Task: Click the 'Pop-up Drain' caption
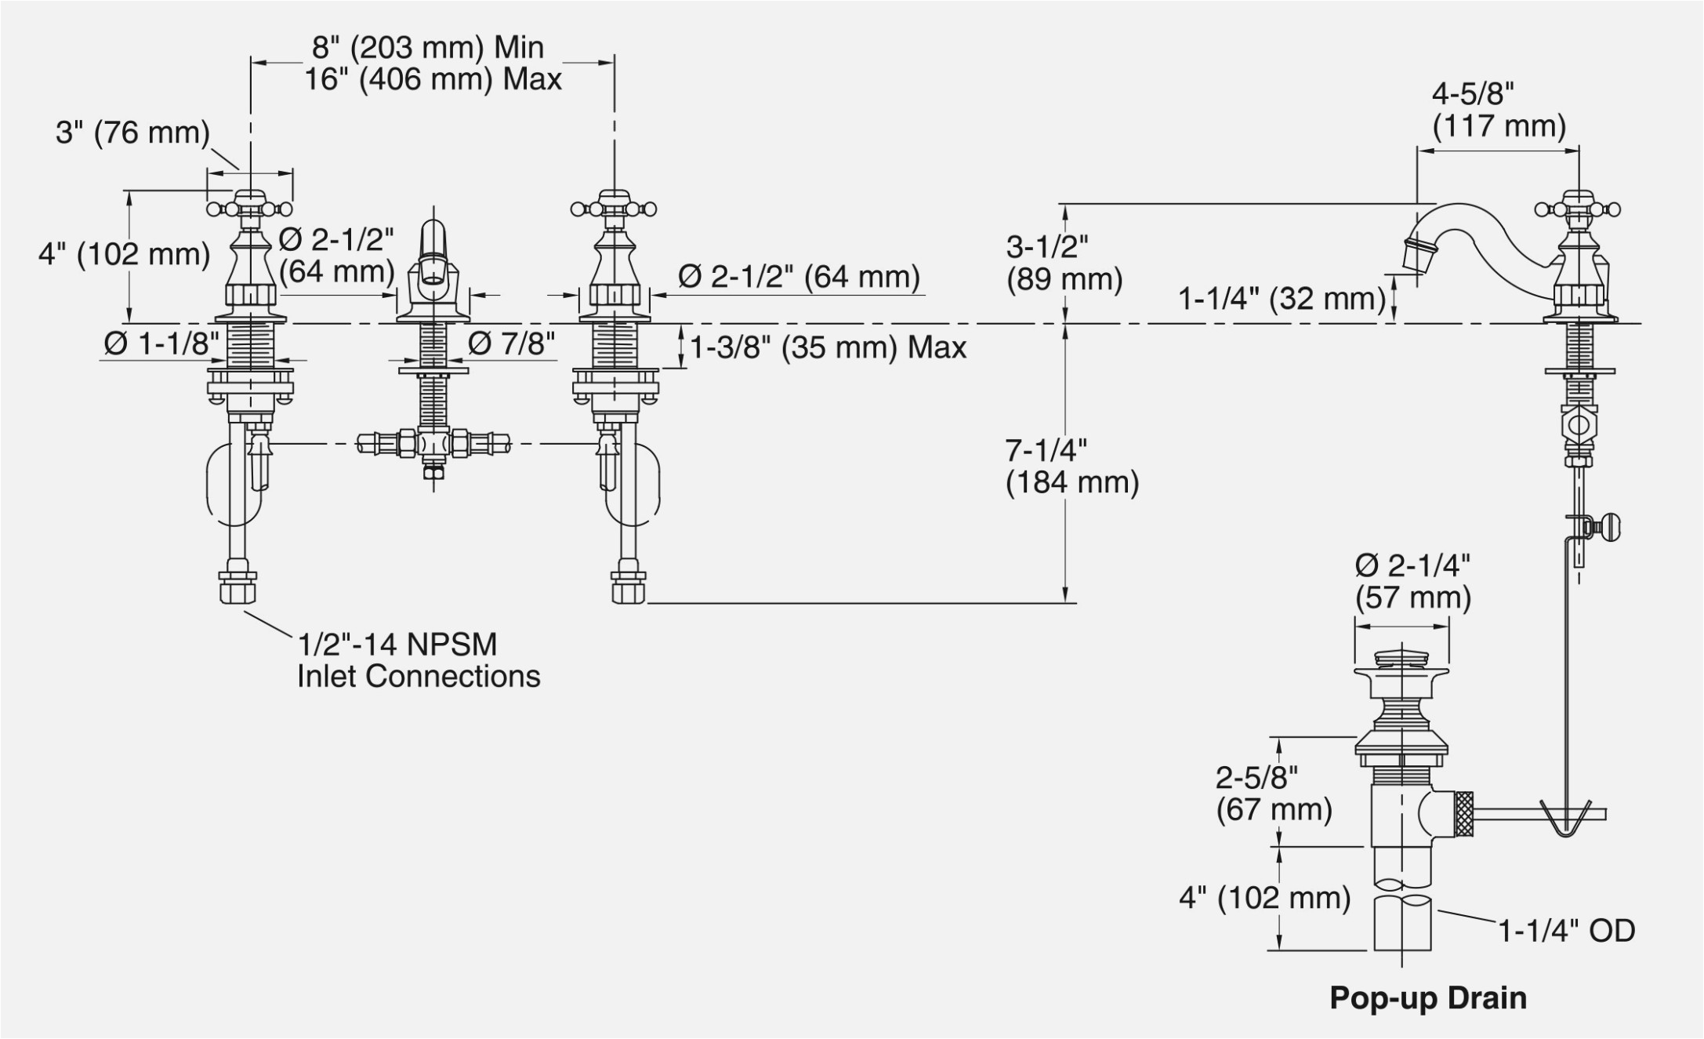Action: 1428,998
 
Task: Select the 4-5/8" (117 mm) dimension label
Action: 1498,111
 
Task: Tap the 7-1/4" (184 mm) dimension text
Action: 1071,467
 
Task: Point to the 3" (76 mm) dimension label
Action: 132,133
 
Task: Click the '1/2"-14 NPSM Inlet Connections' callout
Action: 418,660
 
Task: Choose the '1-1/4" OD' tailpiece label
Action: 1566,931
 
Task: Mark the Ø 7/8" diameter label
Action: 511,343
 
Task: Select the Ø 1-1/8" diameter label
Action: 161,343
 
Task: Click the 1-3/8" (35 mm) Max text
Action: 828,347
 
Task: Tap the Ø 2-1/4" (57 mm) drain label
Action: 1412,581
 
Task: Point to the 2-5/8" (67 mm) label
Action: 1274,793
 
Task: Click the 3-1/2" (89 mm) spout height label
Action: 1064,263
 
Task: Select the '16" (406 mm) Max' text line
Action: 433,79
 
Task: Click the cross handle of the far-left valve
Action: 249,208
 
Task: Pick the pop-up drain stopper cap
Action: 1401,657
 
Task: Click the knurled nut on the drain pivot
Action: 1463,815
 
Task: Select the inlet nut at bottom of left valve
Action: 237,587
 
